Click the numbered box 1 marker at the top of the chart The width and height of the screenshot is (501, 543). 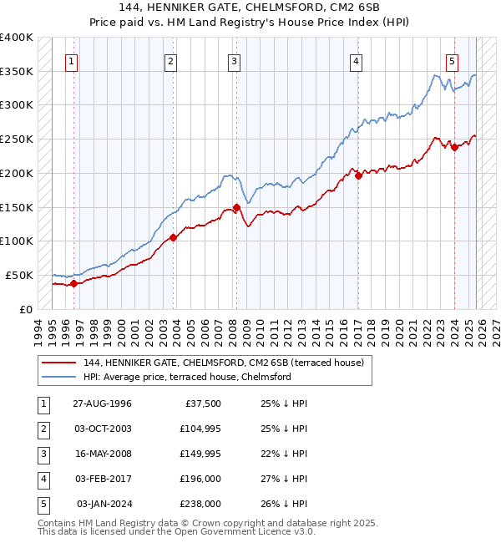[x=73, y=61]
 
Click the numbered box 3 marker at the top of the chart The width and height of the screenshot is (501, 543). [x=234, y=61]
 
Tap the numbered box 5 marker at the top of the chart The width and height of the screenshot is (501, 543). [x=452, y=61]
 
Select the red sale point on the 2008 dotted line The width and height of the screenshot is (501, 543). [x=236, y=207]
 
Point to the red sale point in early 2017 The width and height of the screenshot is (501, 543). [x=357, y=175]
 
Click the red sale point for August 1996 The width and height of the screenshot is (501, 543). [x=73, y=283]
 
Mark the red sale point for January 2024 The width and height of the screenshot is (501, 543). [x=454, y=147]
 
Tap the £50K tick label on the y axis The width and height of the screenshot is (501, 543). [x=20, y=275]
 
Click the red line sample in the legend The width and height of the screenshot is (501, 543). [x=59, y=363]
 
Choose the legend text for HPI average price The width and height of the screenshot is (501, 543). [x=186, y=377]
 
